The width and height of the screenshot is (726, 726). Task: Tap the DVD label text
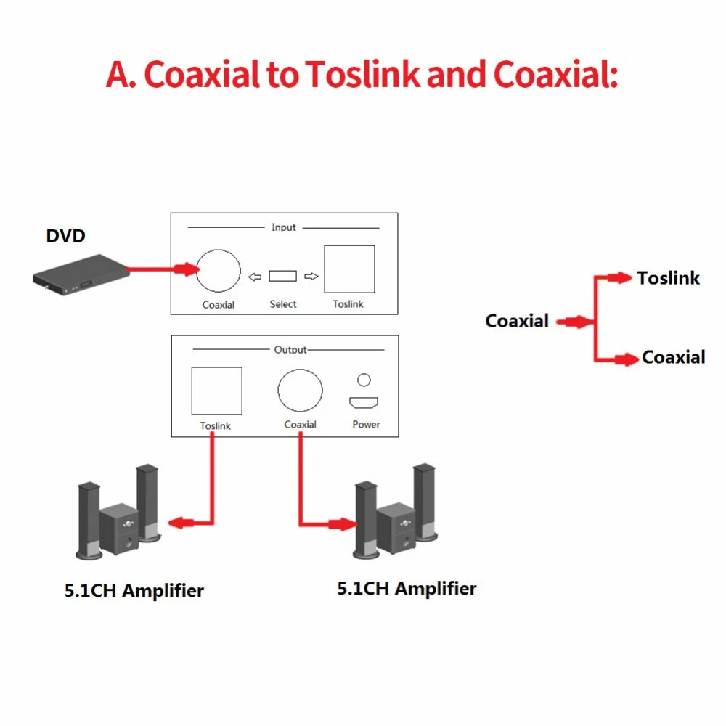[x=65, y=236]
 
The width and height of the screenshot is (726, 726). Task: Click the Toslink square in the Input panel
[x=349, y=269]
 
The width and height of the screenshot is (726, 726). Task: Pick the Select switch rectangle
[x=282, y=276]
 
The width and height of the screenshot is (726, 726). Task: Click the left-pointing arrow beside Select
[x=253, y=276]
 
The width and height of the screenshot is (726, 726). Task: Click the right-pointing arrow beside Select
[x=311, y=276]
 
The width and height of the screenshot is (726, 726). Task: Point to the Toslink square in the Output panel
[x=216, y=391]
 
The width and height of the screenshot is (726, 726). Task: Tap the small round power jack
[x=364, y=380]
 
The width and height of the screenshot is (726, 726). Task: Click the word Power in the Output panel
[x=366, y=424]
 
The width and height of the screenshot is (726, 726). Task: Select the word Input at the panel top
[x=284, y=227]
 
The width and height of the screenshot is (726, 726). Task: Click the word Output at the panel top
[x=290, y=350]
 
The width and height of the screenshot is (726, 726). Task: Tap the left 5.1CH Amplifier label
[x=134, y=590]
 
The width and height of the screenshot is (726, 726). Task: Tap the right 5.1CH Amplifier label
[x=407, y=587]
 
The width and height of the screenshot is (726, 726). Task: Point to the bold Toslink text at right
[x=668, y=277]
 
